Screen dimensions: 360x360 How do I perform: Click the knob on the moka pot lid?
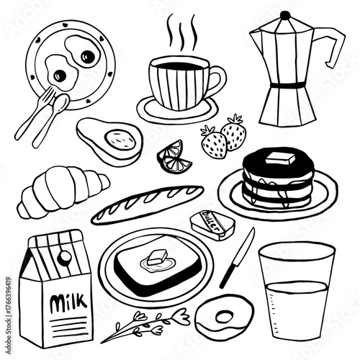[285, 15]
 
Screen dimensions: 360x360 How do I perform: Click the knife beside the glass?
[238, 256]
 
